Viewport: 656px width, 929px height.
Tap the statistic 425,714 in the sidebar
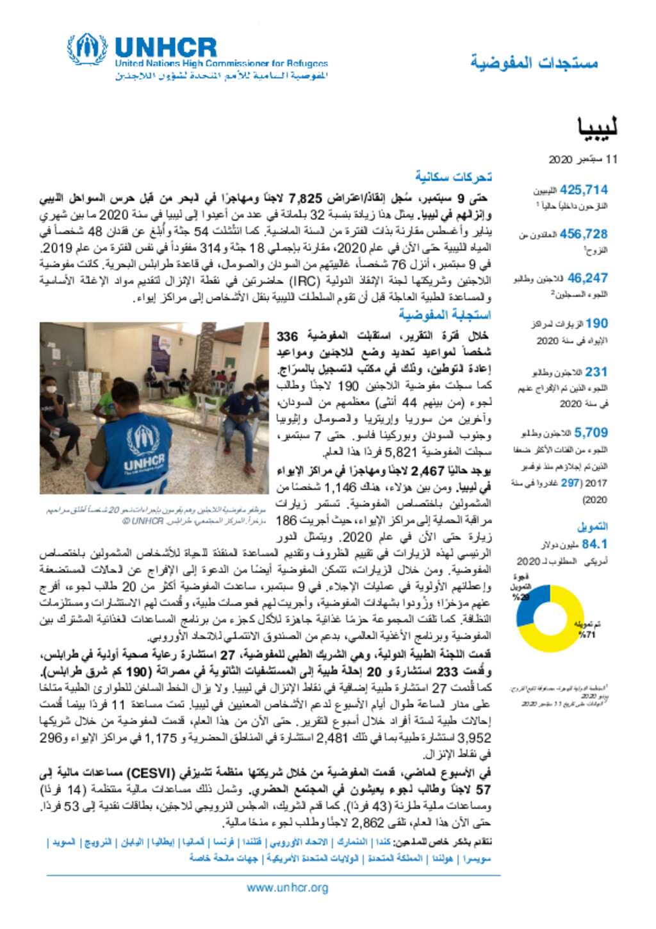pos(584,190)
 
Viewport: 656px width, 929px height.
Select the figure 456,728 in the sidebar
pos(584,234)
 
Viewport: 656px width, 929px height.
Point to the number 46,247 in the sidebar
pos(587,278)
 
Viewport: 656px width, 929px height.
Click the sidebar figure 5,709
pos(591,433)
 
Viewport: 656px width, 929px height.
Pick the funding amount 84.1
pos(594,544)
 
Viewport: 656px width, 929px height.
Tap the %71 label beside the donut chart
pos(587,635)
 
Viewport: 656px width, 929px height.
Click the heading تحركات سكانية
pos(453,176)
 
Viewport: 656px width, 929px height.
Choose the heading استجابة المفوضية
pos(445,314)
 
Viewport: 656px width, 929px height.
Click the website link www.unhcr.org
pos(288,888)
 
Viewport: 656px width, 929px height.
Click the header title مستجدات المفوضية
pos(534,63)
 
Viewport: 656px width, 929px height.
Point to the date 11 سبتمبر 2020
pos(583,159)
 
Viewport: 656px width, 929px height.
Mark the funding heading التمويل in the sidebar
pos(593,526)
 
